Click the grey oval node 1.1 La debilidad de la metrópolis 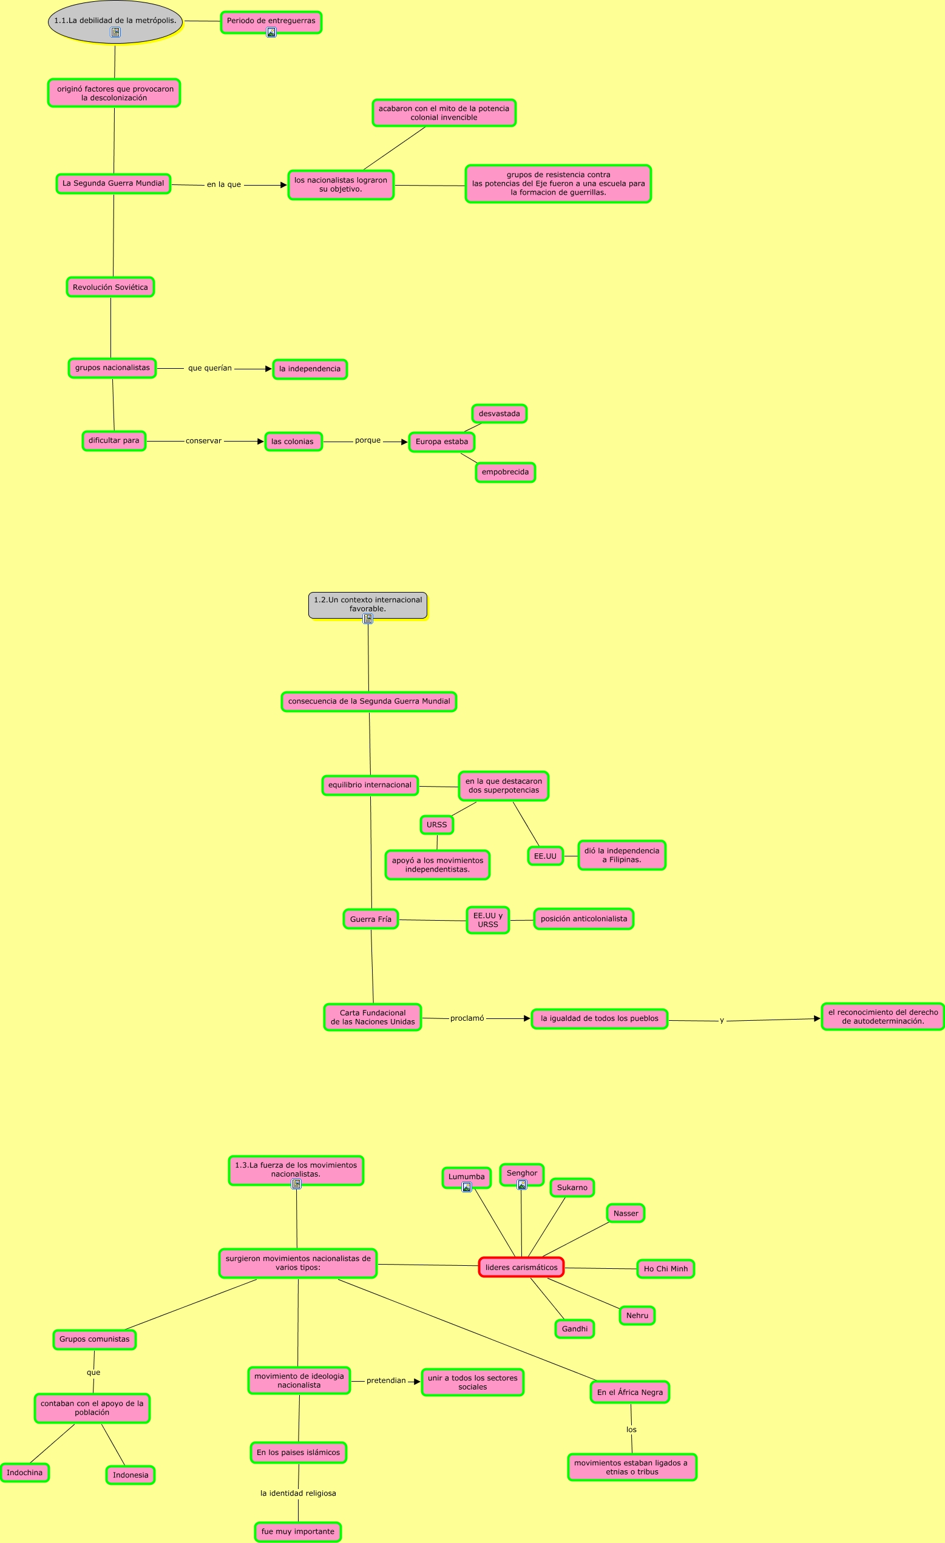click(115, 21)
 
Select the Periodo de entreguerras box click(271, 21)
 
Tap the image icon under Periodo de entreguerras click(271, 32)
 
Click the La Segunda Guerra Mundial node click(113, 184)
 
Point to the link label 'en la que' click(224, 185)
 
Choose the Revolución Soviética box click(110, 287)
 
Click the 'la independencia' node click(310, 369)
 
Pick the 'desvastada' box click(499, 414)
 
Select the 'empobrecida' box click(505, 472)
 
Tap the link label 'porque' click(368, 440)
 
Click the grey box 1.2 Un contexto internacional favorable click(368, 604)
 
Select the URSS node click(437, 825)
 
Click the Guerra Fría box click(370, 919)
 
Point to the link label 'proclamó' click(467, 1018)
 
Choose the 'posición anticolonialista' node click(583, 919)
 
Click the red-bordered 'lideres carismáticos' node click(521, 1268)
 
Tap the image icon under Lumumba click(467, 1187)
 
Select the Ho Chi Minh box click(666, 1269)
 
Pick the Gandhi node click(575, 1329)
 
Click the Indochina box click(24, 1472)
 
